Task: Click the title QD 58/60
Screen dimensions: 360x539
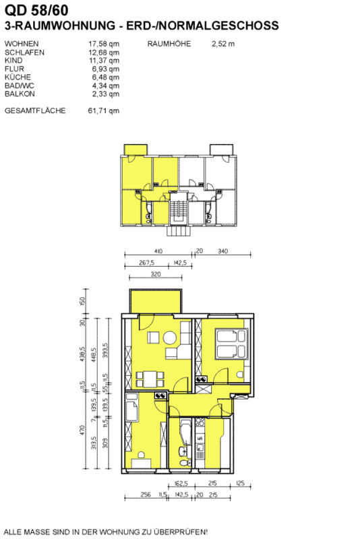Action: tap(36, 10)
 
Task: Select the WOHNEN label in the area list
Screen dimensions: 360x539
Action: tap(22, 44)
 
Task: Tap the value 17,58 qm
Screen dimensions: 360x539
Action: tap(104, 44)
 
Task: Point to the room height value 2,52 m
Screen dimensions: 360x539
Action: tap(223, 44)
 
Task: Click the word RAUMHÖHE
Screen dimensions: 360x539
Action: tap(169, 44)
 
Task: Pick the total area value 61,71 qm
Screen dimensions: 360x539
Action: tap(104, 110)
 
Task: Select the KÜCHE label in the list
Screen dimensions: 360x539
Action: tap(18, 77)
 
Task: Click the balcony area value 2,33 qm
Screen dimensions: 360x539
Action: tap(106, 94)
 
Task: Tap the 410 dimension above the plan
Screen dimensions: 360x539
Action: tap(158, 251)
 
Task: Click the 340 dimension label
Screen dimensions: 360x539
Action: tap(222, 251)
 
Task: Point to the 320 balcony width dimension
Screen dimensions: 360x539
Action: tap(156, 274)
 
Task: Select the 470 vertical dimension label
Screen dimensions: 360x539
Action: tap(82, 430)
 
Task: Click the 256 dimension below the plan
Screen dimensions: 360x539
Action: tap(146, 495)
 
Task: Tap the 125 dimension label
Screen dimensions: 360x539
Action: tap(241, 483)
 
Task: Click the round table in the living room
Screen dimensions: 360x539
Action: tap(169, 338)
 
